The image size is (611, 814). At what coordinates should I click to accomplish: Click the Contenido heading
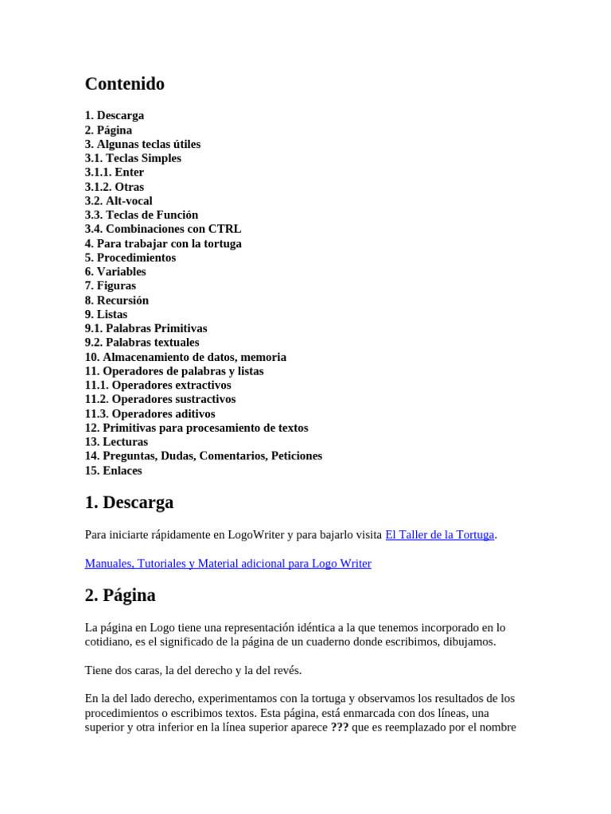[x=125, y=84]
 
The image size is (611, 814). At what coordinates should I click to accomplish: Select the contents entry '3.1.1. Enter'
[x=115, y=172]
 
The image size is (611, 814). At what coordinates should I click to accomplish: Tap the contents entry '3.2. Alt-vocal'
[x=119, y=201]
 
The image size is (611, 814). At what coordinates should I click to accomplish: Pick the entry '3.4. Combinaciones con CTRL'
[x=163, y=229]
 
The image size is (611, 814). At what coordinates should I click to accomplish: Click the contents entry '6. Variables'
[x=115, y=272]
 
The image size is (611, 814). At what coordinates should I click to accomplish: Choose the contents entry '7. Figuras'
[x=111, y=286]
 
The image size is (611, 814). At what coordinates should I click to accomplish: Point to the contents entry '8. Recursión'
[x=117, y=300]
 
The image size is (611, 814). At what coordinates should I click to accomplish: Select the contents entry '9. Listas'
[x=106, y=314]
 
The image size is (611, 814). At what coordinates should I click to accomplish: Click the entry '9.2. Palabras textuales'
[x=142, y=343]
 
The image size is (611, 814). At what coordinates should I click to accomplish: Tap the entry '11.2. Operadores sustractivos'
[x=161, y=399]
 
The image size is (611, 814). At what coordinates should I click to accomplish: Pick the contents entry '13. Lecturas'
[x=116, y=442]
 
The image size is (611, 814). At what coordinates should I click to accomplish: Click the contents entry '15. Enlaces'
[x=114, y=471]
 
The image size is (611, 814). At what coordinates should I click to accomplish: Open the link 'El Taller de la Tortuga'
[x=439, y=535]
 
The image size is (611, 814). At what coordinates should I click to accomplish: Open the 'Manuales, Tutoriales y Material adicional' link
[x=228, y=564]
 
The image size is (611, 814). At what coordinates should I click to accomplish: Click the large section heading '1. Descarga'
[x=129, y=503]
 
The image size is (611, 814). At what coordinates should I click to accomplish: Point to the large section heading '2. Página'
[x=120, y=595]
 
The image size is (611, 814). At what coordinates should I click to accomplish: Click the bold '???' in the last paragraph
[x=339, y=727]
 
